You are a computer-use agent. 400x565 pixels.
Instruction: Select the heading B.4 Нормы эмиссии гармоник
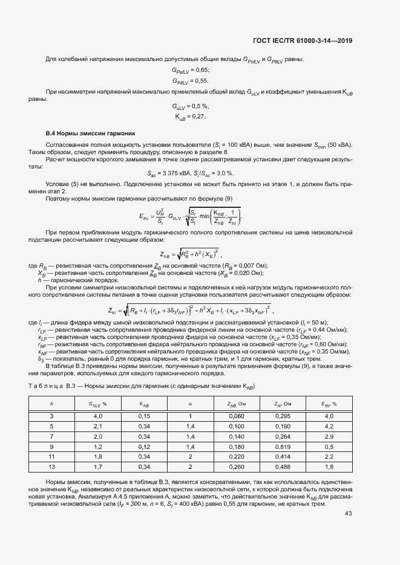90,132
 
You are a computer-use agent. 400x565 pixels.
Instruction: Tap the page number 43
348,514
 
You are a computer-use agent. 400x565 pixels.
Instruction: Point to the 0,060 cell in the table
236,416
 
